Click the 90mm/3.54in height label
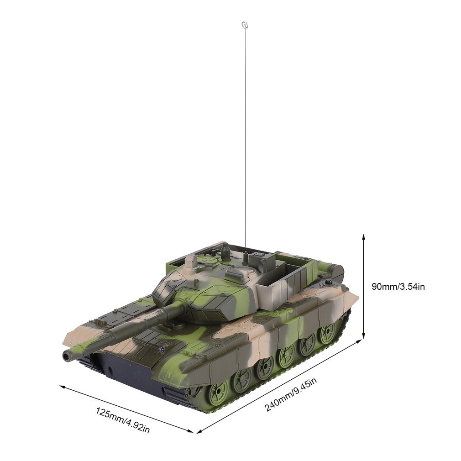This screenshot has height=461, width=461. [398, 287]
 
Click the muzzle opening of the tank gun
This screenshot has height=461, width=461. [66, 356]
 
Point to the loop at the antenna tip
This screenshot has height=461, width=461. [244, 25]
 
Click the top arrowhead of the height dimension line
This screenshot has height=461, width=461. [364, 237]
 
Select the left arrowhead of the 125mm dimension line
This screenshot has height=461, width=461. [63, 387]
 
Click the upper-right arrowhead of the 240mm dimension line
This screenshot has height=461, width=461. [359, 341]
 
